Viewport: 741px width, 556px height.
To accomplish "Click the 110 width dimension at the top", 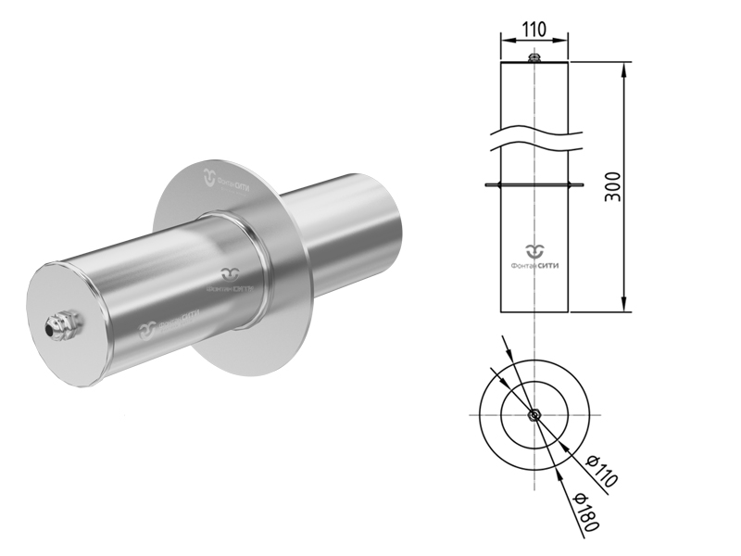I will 534,28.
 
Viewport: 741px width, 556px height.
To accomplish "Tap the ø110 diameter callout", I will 600,472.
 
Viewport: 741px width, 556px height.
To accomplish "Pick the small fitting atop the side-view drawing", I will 534,58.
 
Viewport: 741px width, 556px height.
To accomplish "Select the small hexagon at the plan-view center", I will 534,414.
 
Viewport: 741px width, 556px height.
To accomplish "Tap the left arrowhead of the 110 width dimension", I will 505,40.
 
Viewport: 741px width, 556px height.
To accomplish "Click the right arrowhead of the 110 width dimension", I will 563,40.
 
